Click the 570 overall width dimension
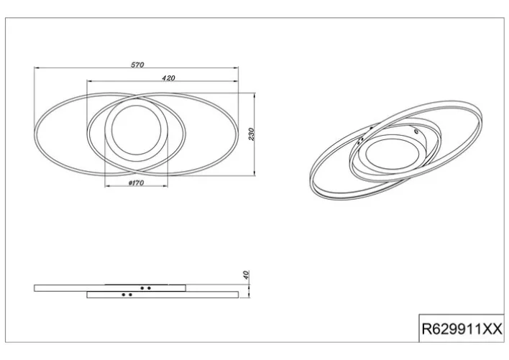[137, 65]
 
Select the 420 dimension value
[169, 77]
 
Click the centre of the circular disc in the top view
[137, 134]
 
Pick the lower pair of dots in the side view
[127, 295]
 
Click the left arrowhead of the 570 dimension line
[36, 69]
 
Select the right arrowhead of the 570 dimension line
[238, 69]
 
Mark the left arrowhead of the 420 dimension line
[89, 81]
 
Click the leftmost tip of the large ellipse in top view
[35, 134]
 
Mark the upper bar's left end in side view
[35, 287]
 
